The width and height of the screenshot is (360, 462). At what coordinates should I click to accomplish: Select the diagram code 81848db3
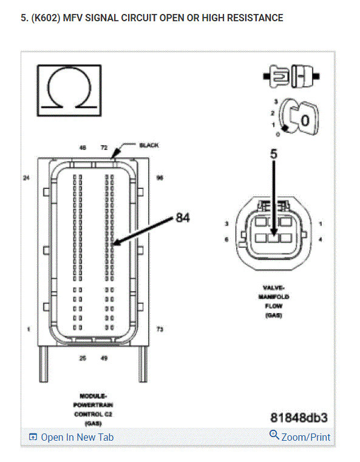(x=299, y=418)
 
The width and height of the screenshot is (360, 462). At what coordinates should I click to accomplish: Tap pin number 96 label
(x=160, y=178)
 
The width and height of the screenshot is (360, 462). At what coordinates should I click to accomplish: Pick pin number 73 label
(x=160, y=329)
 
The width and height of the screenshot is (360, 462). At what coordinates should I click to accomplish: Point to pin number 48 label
(x=83, y=148)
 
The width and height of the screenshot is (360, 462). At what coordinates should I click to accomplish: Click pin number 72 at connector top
(x=104, y=148)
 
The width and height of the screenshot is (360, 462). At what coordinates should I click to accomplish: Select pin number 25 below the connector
(x=83, y=358)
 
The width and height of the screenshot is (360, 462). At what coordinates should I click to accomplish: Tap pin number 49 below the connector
(x=104, y=358)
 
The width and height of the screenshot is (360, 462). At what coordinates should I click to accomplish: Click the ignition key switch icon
(x=297, y=118)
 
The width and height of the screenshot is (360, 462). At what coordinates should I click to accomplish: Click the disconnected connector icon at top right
(x=291, y=78)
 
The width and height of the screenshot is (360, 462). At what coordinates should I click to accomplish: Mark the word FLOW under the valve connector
(x=276, y=306)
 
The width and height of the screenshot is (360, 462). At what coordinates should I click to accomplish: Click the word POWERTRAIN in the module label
(x=93, y=404)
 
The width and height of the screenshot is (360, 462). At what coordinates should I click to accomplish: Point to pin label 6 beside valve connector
(x=226, y=240)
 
